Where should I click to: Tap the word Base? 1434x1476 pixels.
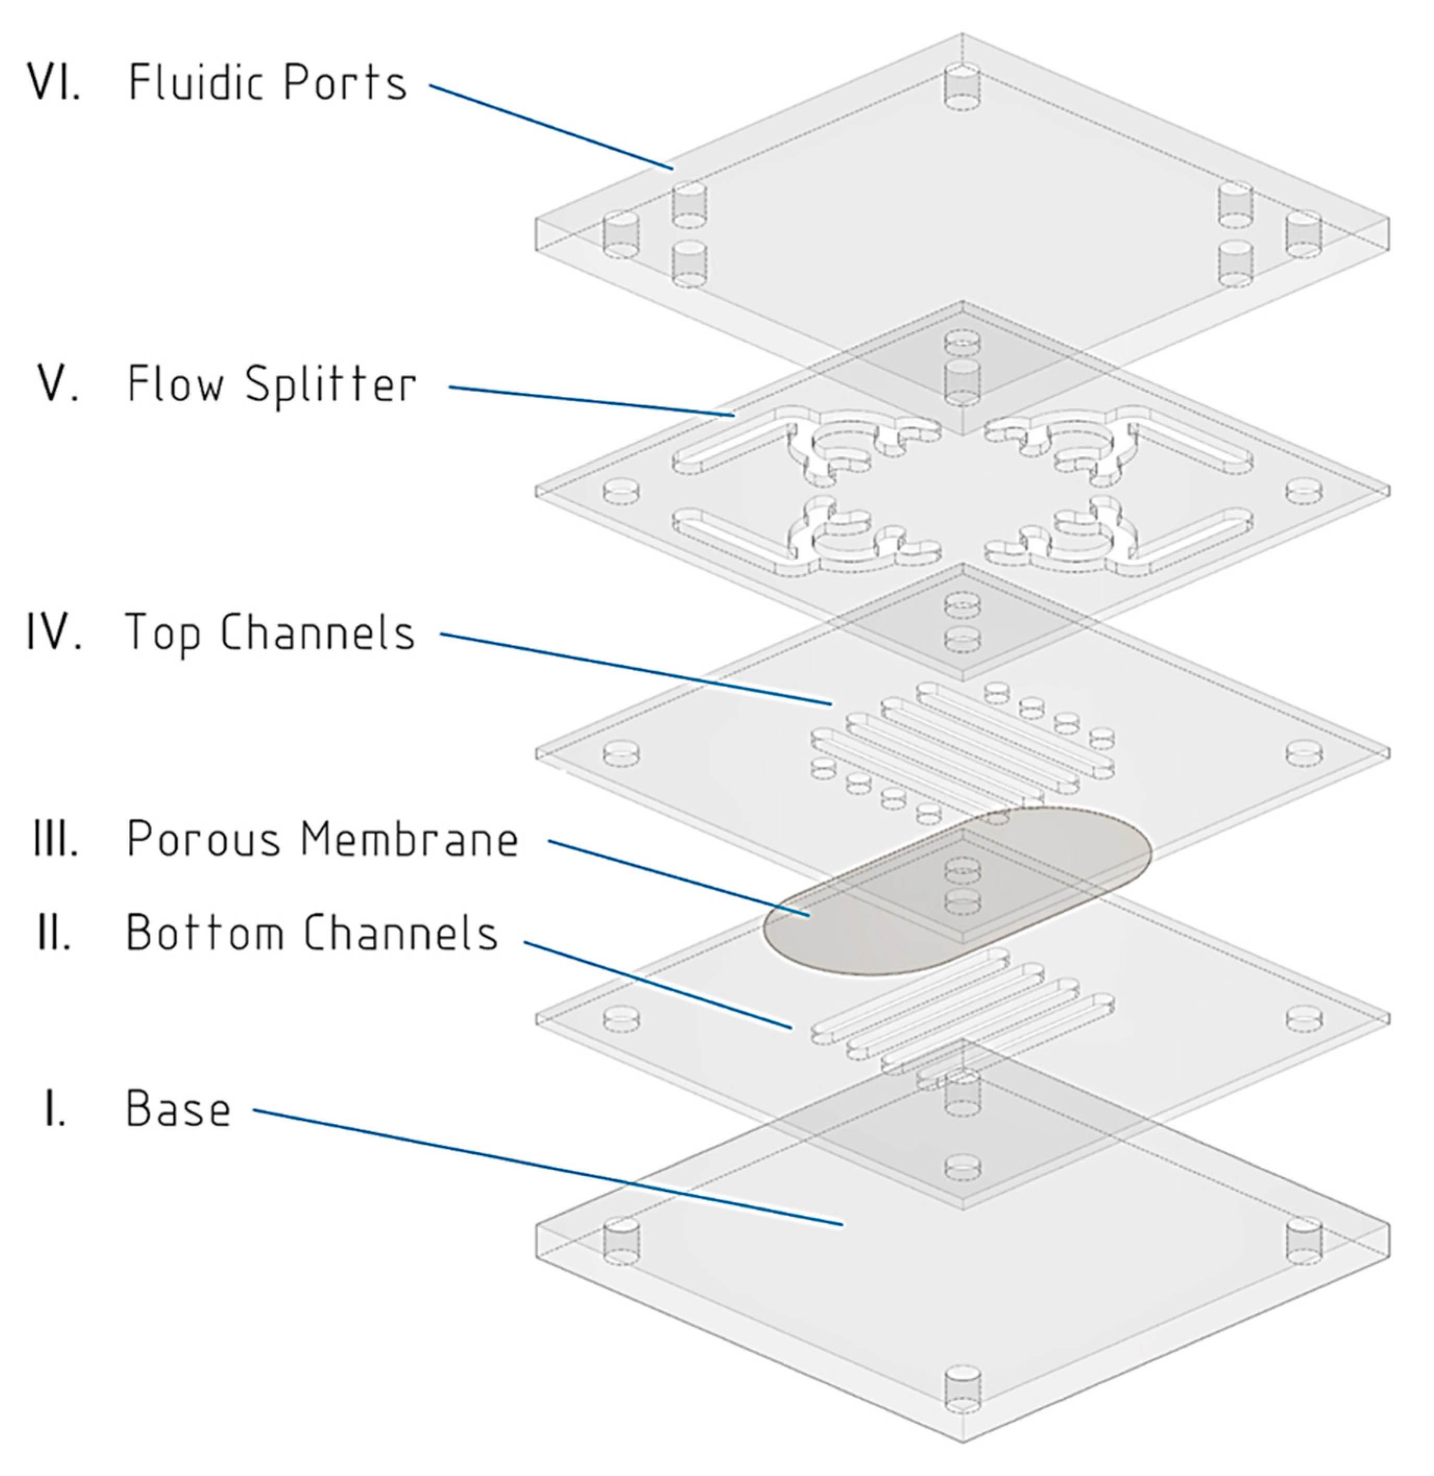(x=178, y=1109)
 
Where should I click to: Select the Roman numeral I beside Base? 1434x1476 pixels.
(x=54, y=1109)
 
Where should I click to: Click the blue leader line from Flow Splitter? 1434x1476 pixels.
(x=591, y=401)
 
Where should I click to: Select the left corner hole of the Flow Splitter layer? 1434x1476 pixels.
(x=622, y=491)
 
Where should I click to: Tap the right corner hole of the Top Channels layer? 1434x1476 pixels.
(x=1303, y=753)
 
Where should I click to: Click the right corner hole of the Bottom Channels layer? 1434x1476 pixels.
(x=1303, y=1019)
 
